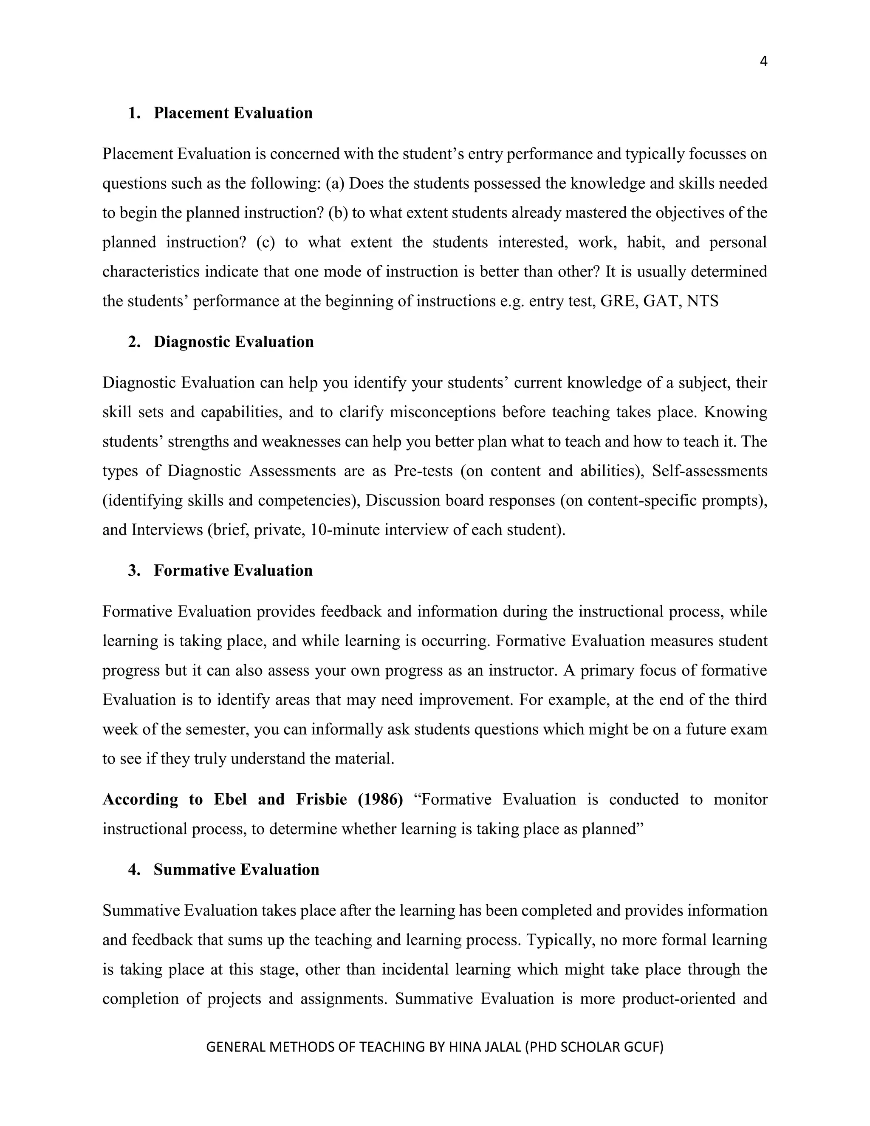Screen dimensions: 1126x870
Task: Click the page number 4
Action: point(763,62)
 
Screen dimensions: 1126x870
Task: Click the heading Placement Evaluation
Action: point(233,113)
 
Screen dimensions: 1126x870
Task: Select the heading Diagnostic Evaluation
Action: point(234,342)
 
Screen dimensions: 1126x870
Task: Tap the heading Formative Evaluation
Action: point(233,570)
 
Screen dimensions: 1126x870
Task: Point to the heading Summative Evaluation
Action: point(236,870)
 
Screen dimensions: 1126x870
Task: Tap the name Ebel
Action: point(230,800)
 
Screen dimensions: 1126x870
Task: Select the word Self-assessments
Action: point(710,471)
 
